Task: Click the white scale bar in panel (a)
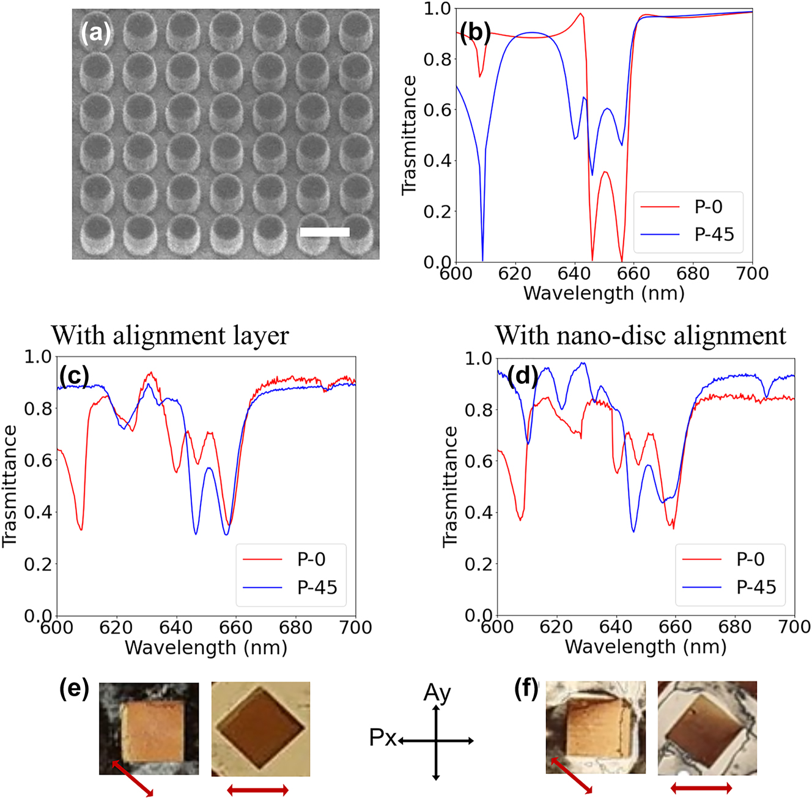(x=325, y=232)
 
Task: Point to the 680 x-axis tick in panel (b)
(x=693, y=274)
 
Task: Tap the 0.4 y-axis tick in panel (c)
(x=39, y=512)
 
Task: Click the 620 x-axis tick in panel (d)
(x=556, y=627)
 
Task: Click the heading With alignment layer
(x=170, y=336)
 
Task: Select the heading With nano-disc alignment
(x=640, y=336)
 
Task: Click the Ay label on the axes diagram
(x=437, y=693)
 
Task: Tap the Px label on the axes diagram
(x=383, y=738)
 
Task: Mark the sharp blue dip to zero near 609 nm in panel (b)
(x=482, y=258)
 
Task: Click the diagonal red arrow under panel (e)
(x=133, y=778)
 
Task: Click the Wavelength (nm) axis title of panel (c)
(x=206, y=647)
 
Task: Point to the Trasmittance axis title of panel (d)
(x=451, y=486)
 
